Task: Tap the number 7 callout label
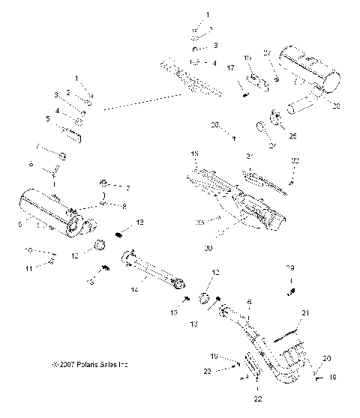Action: point(127,187)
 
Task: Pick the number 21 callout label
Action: point(304,312)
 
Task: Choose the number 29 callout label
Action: point(289,267)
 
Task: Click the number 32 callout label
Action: point(295,161)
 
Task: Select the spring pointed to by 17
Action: point(245,93)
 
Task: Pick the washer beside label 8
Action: point(106,202)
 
